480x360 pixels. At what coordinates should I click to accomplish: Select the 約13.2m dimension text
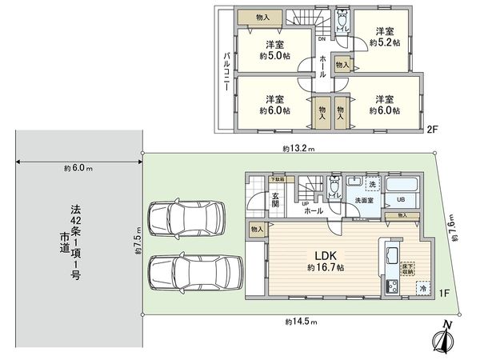pyautogui.click(x=298, y=149)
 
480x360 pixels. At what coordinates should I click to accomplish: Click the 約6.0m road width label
pyautogui.click(x=78, y=169)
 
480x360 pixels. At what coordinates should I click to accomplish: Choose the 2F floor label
pyautogui.click(x=433, y=128)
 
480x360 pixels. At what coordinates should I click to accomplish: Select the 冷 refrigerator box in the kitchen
pyautogui.click(x=422, y=288)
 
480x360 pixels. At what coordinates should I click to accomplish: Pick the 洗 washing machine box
pyautogui.click(x=371, y=186)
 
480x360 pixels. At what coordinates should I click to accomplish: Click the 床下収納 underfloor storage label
pyautogui.click(x=407, y=269)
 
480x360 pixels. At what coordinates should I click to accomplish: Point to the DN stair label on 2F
pyautogui.click(x=322, y=38)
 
